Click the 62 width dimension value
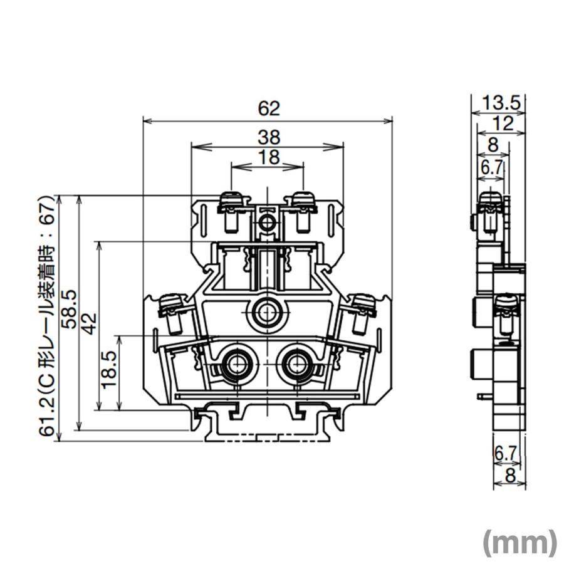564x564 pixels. pos(269,108)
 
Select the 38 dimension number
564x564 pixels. pos(269,137)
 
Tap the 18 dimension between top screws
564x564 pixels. pos(269,157)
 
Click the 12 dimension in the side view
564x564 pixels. pos(503,123)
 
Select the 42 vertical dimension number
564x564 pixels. pos(90,324)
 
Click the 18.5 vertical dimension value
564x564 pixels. pos(109,369)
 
